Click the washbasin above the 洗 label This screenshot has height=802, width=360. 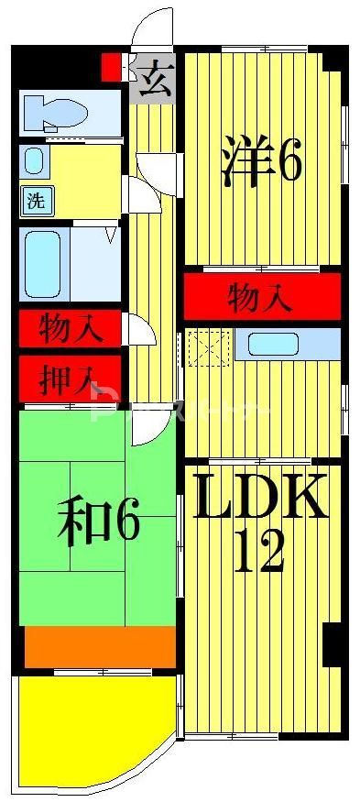(34, 161)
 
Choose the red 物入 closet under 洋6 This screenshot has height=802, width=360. (261, 297)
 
